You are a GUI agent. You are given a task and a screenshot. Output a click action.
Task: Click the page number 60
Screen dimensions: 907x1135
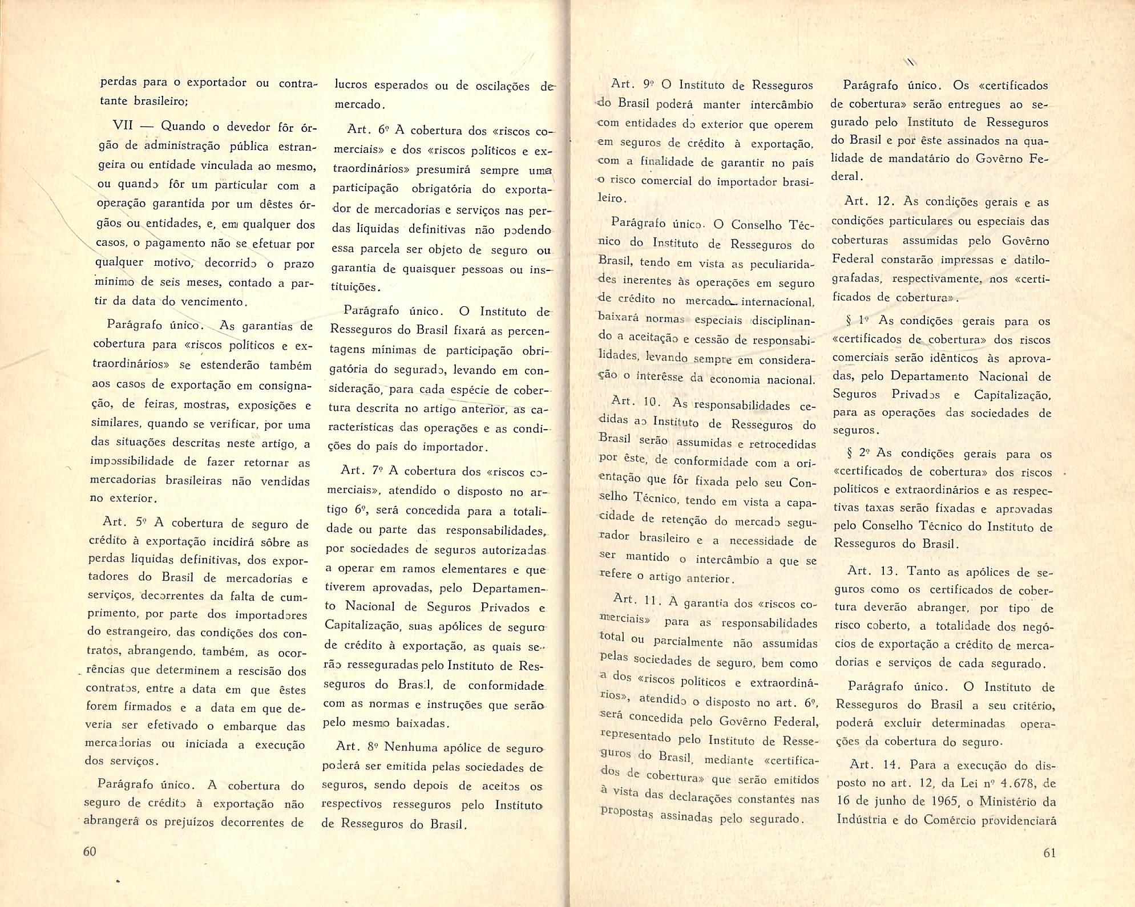(x=90, y=852)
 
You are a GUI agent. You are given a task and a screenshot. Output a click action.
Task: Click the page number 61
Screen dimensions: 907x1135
(x=1049, y=853)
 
